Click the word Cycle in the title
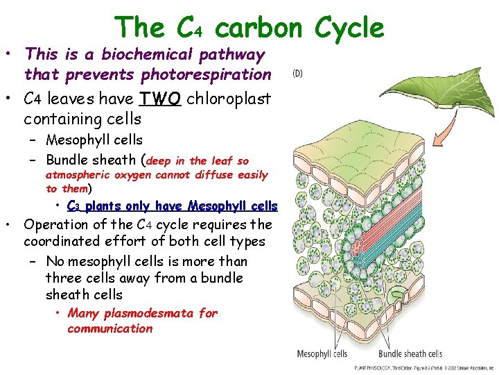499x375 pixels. click(349, 28)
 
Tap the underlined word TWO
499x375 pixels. click(161, 99)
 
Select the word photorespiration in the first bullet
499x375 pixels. click(206, 74)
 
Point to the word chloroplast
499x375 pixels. click(228, 99)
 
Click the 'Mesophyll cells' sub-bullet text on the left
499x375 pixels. click(94, 140)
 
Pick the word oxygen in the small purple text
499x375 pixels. click(132, 175)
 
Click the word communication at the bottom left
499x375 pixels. click(110, 328)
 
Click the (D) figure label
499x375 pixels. click(297, 73)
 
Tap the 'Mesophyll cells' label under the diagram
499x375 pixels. click(322, 354)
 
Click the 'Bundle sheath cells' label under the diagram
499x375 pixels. click(410, 354)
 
